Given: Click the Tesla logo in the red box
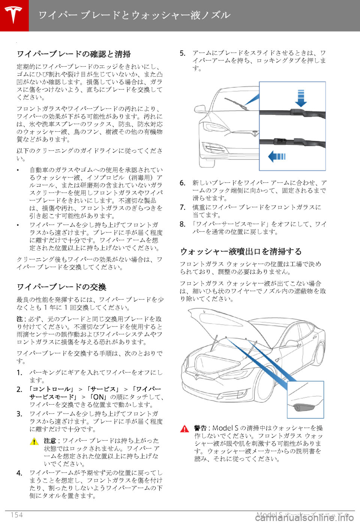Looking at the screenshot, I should (x=14, y=15).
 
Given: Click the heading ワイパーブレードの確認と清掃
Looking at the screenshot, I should (x=73, y=54).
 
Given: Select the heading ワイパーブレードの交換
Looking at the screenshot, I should (x=61, y=287).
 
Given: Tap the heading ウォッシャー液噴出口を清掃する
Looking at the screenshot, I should (x=241, y=251).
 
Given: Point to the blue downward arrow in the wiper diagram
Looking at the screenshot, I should (x=301, y=98).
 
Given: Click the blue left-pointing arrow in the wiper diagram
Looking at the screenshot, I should (x=277, y=156).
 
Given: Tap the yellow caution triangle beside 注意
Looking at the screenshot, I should (x=34, y=441).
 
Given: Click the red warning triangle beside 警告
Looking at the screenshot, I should (x=184, y=429).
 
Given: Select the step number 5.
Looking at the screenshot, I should (x=183, y=53).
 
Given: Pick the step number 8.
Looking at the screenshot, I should (x=183, y=224).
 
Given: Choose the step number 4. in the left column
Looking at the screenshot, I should (x=19, y=473).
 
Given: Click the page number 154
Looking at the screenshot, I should (x=16, y=515).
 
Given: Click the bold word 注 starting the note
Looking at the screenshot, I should (x=19, y=319).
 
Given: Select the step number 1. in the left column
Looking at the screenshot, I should (x=19, y=372).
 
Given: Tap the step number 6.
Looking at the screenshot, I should (x=183, y=183).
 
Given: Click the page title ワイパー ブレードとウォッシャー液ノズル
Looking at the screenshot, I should (x=134, y=15).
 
